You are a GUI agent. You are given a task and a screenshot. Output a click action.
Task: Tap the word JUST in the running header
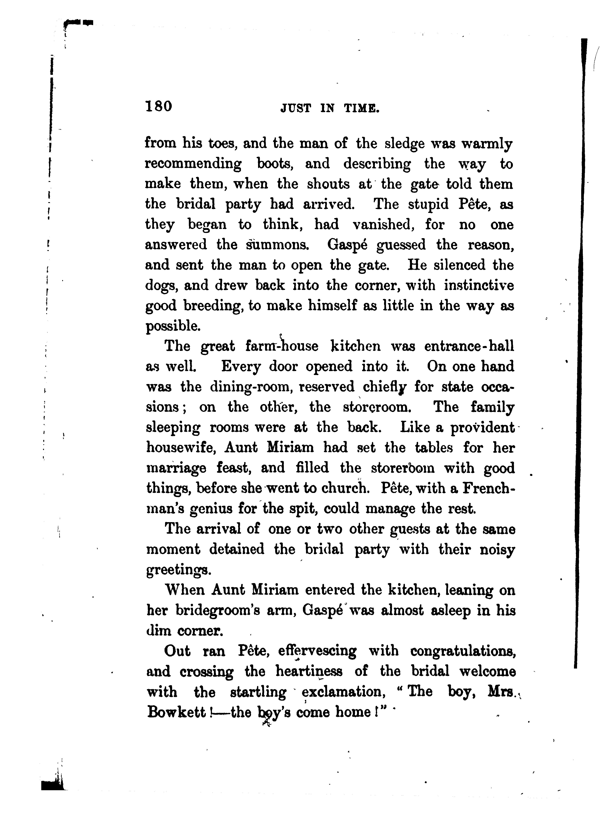[x=296, y=108]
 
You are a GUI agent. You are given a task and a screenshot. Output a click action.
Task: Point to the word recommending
[x=193, y=164]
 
